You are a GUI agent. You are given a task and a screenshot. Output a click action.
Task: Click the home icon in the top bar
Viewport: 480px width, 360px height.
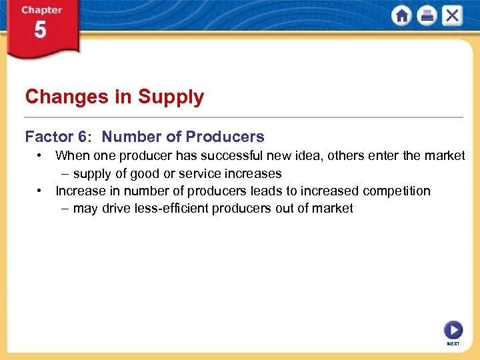(x=401, y=16)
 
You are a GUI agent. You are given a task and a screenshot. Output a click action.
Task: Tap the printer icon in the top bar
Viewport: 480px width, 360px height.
(x=426, y=16)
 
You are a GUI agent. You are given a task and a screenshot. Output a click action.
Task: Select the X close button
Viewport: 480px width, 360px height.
(x=451, y=16)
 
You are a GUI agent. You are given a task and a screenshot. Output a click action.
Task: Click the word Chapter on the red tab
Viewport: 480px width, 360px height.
(x=42, y=11)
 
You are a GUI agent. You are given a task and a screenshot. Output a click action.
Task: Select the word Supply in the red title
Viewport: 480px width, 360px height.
(x=171, y=97)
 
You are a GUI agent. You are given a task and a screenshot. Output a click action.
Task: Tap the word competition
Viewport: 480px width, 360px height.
(x=393, y=191)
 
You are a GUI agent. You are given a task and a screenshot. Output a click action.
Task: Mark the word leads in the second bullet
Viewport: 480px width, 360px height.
(x=266, y=191)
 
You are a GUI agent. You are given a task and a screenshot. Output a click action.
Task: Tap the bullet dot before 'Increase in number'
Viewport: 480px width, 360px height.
(x=41, y=191)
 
